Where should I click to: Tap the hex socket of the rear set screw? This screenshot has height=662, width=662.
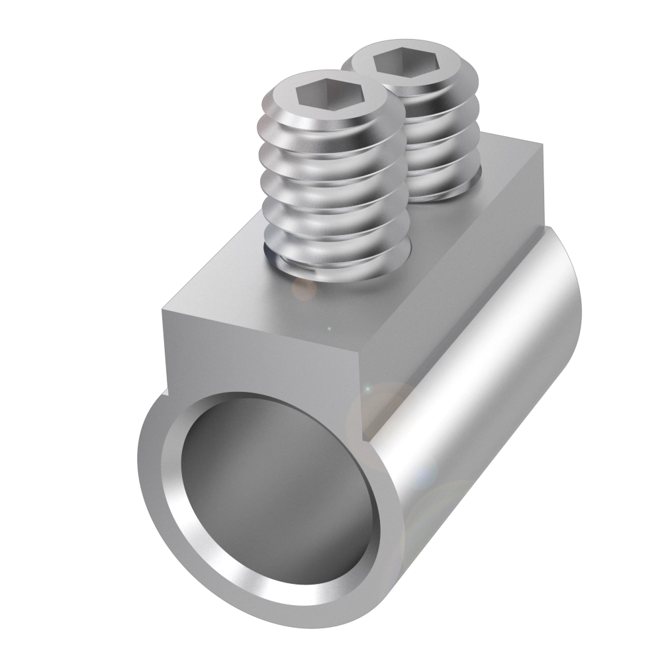coord(399,65)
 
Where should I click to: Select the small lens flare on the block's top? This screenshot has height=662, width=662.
coord(305,289)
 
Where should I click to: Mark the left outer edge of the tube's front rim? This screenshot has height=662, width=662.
coord(141,463)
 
